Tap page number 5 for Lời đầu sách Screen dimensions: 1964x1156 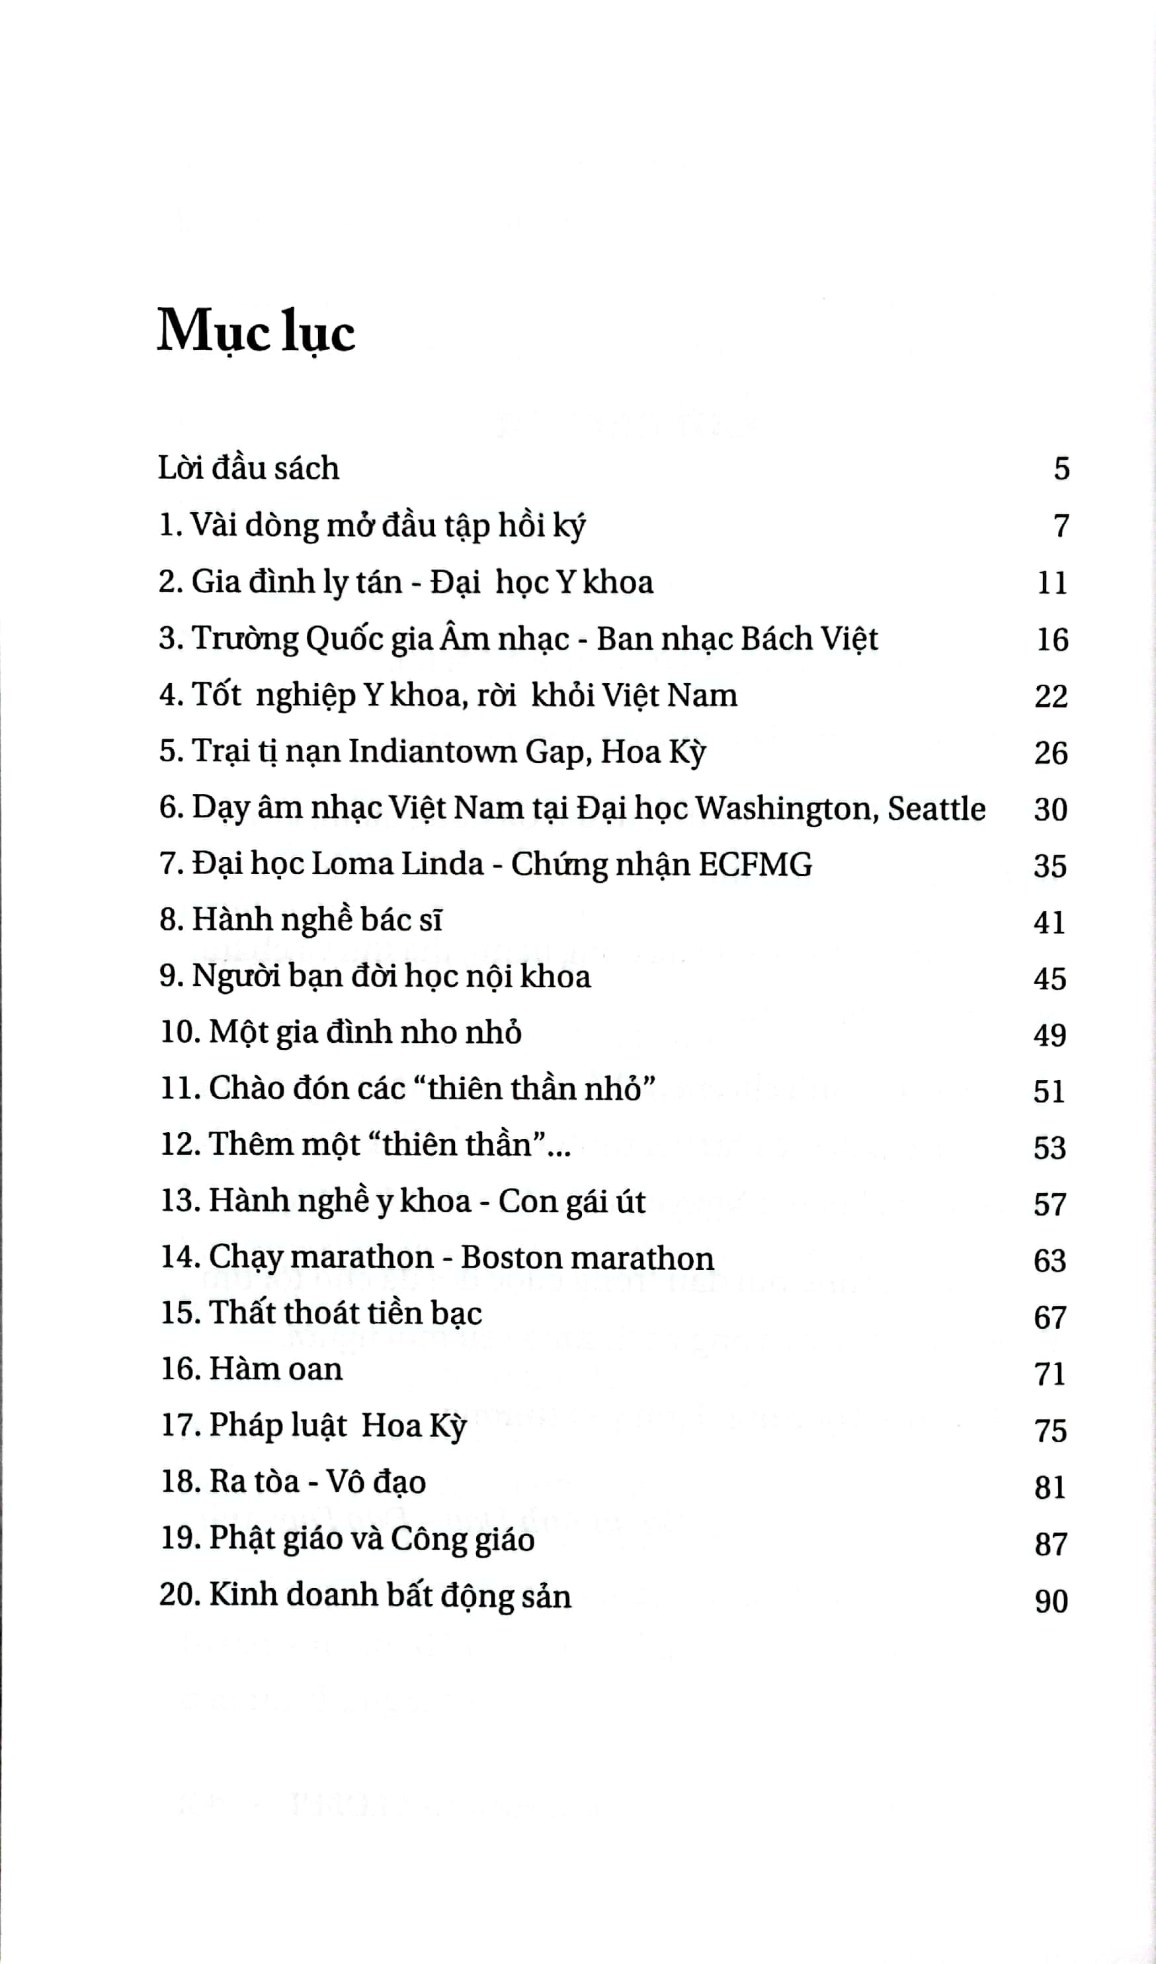1061,469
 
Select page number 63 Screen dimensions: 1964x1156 1050,1260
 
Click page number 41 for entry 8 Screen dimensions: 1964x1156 1050,922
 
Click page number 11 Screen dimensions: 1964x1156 1051,583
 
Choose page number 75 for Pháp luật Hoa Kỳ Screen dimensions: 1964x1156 1050,1430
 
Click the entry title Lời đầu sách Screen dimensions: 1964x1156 249,469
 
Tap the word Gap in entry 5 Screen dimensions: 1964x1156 554,752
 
